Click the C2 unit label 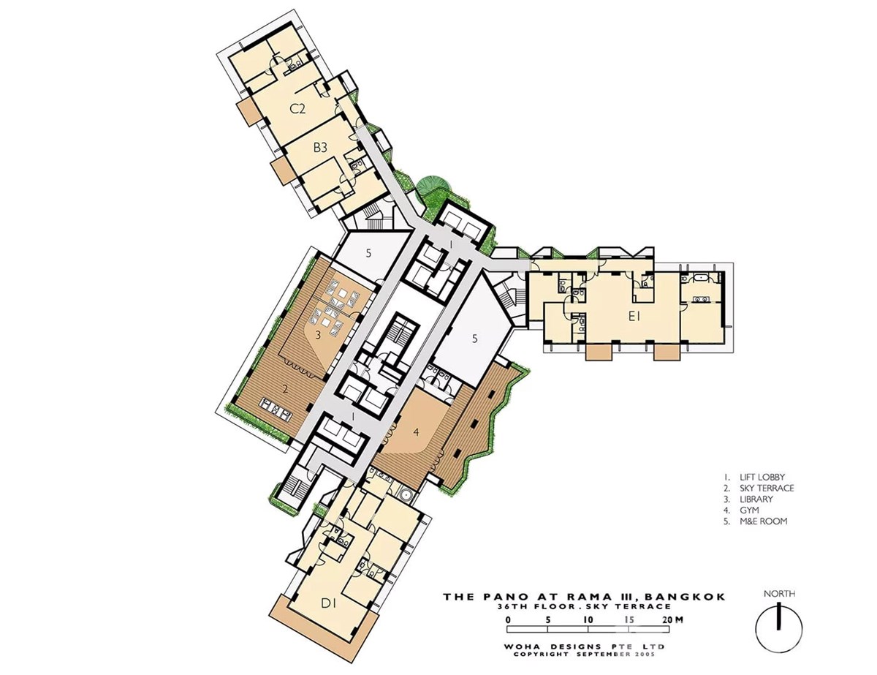pyautogui.click(x=298, y=109)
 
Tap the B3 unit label pyautogui.click(x=320, y=148)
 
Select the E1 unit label pyautogui.click(x=634, y=317)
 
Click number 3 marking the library pyautogui.click(x=318, y=336)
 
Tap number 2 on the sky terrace pyautogui.click(x=285, y=390)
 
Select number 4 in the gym pyautogui.click(x=417, y=432)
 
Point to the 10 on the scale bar pyautogui.click(x=588, y=619)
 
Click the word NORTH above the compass pyautogui.click(x=779, y=594)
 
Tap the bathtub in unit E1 pyautogui.click(x=701, y=278)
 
